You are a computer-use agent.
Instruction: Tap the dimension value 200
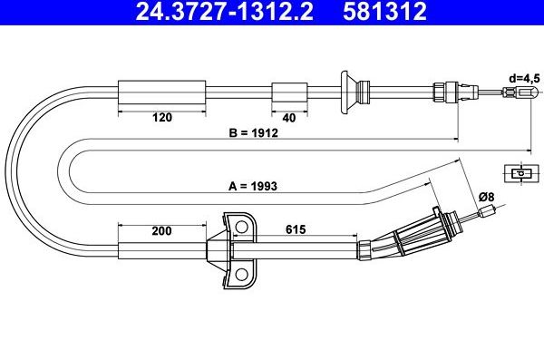pyautogui.click(x=162, y=230)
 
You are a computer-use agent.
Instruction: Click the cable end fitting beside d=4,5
pyautogui.click(x=521, y=93)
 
